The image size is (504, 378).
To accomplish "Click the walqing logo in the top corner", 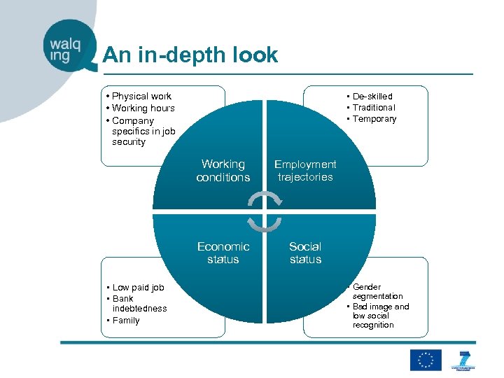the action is (x=67, y=46).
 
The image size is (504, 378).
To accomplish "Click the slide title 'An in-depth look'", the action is (x=190, y=55).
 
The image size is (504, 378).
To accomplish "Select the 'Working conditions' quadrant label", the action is (x=223, y=171).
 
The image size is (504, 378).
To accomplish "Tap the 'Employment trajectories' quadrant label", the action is (x=305, y=171).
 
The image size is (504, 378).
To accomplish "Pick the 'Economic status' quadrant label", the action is (x=223, y=253).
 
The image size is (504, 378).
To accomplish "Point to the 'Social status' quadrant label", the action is (x=305, y=253).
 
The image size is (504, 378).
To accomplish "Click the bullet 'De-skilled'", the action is (x=372, y=96).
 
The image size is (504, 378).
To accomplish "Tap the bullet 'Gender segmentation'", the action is (x=377, y=291).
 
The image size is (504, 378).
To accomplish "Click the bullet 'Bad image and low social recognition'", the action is (x=380, y=316).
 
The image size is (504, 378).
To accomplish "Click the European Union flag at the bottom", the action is (x=426, y=359).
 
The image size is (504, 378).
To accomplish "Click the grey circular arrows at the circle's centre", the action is (x=264, y=211).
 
